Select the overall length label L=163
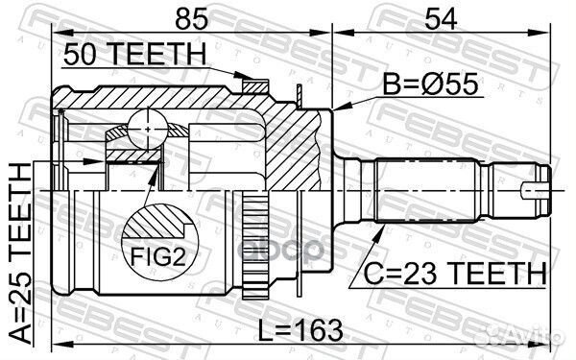tap(302, 330)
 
